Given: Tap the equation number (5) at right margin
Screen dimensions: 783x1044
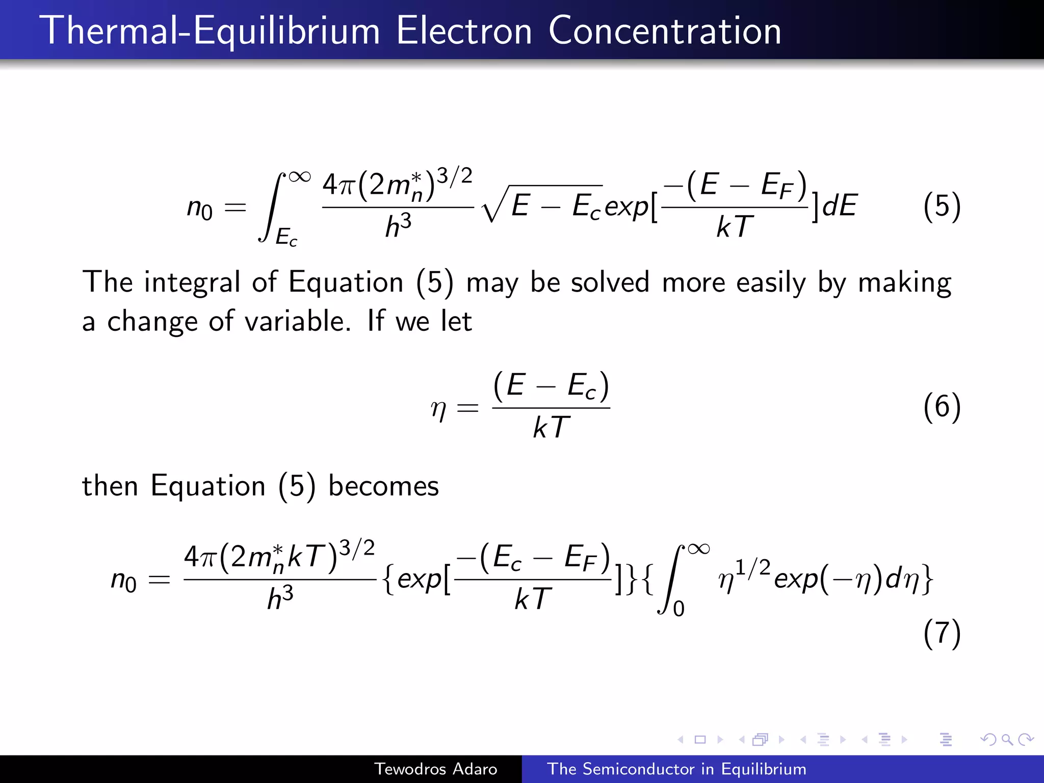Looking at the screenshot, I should [x=942, y=206].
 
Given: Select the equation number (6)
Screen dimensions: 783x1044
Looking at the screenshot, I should [x=942, y=407].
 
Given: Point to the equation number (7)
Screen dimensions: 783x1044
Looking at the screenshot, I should [x=942, y=633].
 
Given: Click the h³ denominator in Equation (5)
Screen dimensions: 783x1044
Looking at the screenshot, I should [x=398, y=226].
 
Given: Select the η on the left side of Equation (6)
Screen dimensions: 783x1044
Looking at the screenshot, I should [x=438, y=408].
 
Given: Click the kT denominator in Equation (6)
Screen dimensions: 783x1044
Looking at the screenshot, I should [x=551, y=427].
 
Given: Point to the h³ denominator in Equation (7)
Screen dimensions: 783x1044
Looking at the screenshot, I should [x=280, y=598].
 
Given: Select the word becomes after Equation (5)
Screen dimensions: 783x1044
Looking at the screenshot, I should [x=383, y=486].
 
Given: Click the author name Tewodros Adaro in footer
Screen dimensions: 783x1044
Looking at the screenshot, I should [x=435, y=769].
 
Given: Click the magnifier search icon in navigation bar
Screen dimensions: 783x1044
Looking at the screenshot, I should [x=1007, y=740].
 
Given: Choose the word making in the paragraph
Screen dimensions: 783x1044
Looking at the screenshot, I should [x=904, y=283].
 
